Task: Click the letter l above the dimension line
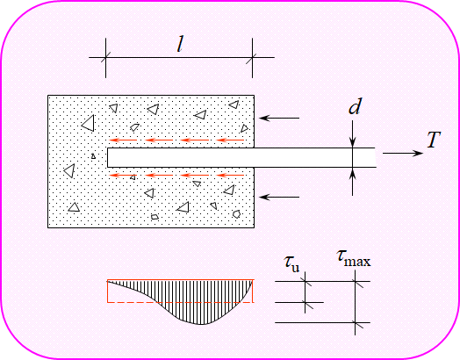180,46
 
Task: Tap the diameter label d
355,106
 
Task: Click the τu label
291,263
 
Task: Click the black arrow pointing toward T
402,153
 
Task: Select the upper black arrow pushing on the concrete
279,118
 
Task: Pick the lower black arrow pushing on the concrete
279,197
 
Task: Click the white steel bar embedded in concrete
241,157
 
